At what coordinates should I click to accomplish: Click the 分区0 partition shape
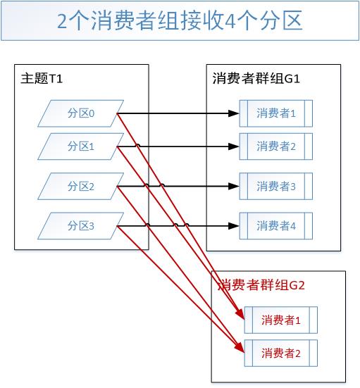coord(81,113)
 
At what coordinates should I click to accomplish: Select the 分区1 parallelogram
coord(81,146)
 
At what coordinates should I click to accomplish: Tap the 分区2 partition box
coord(81,187)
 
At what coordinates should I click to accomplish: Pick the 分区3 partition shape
coord(81,226)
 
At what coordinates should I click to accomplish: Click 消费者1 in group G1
coord(276,113)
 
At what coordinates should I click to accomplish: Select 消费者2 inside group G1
coord(276,146)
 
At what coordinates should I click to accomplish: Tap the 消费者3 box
coord(276,187)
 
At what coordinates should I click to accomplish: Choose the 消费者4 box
coord(276,226)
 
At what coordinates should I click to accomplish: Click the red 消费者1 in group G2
coord(281,320)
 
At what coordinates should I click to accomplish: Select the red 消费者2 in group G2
coord(281,353)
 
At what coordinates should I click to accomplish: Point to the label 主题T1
coord(42,79)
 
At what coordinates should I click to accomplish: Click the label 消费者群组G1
coord(256,79)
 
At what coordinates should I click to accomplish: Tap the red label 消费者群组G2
coord(261,285)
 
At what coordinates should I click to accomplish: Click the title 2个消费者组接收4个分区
coord(180,21)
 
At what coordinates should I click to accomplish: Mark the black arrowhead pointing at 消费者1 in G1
coord(233,113)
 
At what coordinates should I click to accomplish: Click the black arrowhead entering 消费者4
coord(233,226)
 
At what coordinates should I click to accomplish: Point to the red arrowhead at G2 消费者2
coord(240,348)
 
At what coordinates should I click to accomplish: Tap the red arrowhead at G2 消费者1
coord(240,314)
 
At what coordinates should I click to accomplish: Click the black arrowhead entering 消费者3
coord(233,187)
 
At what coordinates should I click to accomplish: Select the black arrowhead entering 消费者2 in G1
coord(233,146)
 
